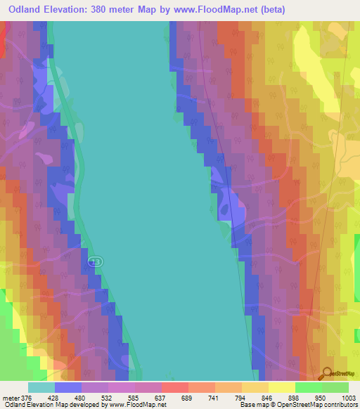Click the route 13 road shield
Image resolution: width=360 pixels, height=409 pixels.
click(x=96, y=261)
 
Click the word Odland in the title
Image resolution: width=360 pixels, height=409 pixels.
click(x=23, y=10)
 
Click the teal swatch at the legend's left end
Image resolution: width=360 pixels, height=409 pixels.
click(x=41, y=387)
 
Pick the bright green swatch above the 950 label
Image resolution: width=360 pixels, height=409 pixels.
click(x=308, y=387)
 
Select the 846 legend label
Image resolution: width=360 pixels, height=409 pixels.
click(x=268, y=397)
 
